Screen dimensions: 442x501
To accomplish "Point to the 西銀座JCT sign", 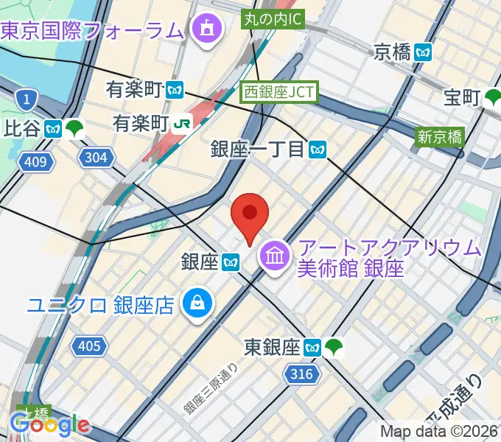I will pyautogui.click(x=279, y=91).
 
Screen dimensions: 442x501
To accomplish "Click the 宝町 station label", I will pyautogui.click(x=463, y=97).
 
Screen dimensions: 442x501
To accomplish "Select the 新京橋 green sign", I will pyautogui.click(x=440, y=136).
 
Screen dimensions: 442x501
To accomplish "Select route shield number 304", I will pyautogui.click(x=96, y=157).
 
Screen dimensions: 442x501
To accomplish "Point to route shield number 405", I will pyautogui.click(x=88, y=345).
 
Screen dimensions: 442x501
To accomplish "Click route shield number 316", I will pyautogui.click(x=301, y=374).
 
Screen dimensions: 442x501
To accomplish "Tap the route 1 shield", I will pyautogui.click(x=27, y=98).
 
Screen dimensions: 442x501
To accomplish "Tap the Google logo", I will pyautogui.click(x=50, y=425).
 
